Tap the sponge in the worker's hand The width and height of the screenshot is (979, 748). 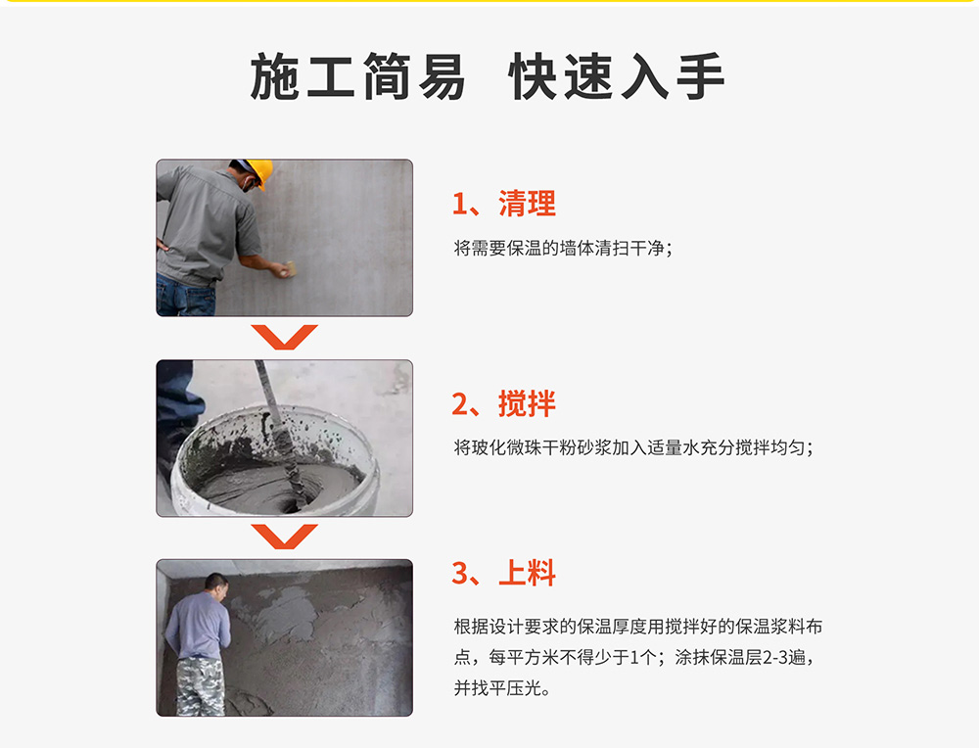[289, 269]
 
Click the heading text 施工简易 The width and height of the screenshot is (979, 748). [357, 76]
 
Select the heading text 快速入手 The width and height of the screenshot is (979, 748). [616, 76]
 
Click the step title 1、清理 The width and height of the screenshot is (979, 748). [503, 204]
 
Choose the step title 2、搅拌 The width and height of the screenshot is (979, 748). [503, 403]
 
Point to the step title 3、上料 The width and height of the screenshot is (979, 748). [503, 573]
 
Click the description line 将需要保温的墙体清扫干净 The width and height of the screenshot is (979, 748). [563, 249]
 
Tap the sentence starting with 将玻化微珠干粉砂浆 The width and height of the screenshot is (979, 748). [633, 447]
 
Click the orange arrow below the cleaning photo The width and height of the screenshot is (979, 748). [284, 337]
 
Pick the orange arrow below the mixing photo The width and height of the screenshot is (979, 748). [284, 537]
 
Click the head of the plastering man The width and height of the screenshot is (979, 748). [216, 585]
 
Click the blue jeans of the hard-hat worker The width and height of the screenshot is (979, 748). [186, 296]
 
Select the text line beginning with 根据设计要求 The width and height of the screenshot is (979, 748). [638, 627]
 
